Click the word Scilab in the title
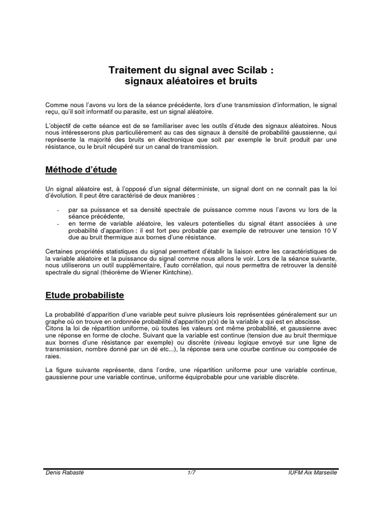[x=251, y=70]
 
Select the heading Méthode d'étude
[x=81, y=170]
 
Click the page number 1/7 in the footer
[x=191, y=472]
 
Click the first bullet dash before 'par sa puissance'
[x=59, y=210]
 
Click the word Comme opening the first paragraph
[x=55, y=105]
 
